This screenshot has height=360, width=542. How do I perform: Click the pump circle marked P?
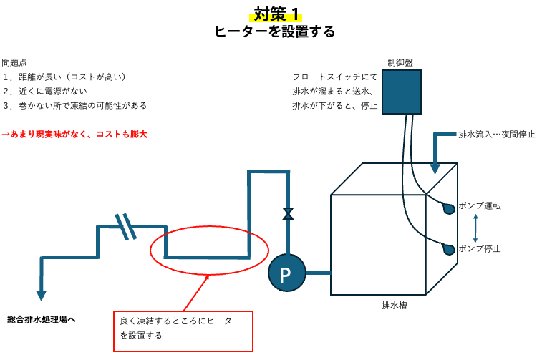[287, 273]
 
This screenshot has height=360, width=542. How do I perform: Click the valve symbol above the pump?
[289, 213]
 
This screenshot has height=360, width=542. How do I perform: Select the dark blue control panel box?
[402, 92]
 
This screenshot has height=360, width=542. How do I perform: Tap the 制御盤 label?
[400, 62]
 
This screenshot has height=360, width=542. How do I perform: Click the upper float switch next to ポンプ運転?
[448, 208]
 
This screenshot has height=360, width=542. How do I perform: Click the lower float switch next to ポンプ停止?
[448, 249]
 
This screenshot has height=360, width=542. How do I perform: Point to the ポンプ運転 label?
[480, 206]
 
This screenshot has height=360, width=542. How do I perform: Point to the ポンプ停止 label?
[480, 248]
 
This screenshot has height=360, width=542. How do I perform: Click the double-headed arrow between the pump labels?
[475, 228]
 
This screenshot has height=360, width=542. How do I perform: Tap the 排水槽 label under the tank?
[394, 305]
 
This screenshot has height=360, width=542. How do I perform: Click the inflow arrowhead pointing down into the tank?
[435, 169]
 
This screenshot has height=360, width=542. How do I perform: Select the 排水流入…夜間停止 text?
[497, 134]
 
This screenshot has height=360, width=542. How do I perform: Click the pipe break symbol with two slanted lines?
[126, 227]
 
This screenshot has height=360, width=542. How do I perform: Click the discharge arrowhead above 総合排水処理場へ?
[41, 296]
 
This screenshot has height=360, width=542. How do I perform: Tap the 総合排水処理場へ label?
[42, 320]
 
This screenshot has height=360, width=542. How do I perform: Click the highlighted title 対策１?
[276, 15]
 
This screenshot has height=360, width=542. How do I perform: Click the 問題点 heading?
[14, 62]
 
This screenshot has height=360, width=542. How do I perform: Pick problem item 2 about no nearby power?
[45, 91]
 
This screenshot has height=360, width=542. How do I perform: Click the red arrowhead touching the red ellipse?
[207, 277]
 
